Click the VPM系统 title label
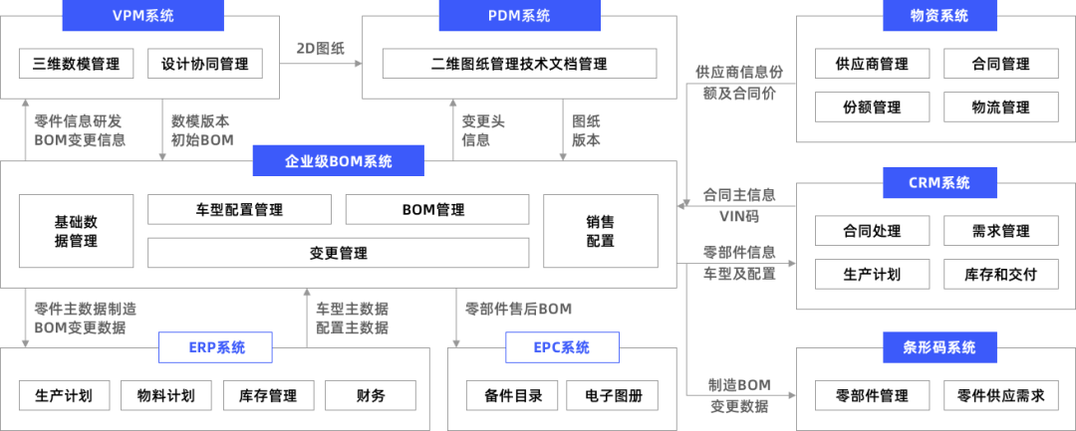[x=143, y=16]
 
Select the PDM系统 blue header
[x=520, y=16]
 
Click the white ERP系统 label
[x=216, y=348]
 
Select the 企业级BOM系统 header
[x=338, y=161]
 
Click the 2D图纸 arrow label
[x=320, y=48]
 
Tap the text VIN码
[x=738, y=215]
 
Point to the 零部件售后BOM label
[x=518, y=309]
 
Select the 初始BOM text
[x=202, y=140]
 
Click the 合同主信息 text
[x=739, y=194]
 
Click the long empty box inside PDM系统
[x=519, y=64]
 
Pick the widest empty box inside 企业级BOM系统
[x=339, y=253]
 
